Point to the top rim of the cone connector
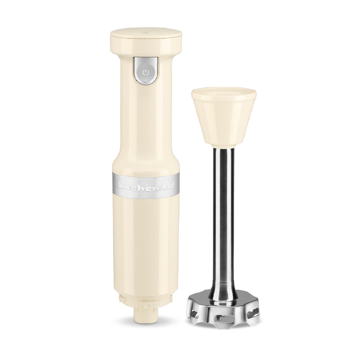point(224,91)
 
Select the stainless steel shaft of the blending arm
point(224,217)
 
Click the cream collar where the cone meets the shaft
point(224,144)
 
